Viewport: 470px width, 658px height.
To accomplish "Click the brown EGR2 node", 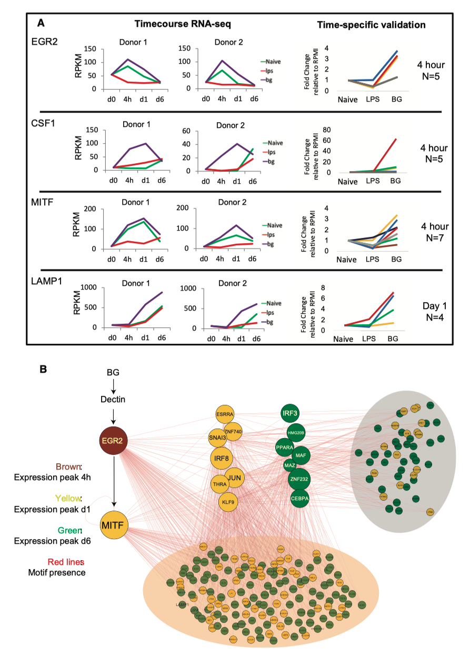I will click(114, 440).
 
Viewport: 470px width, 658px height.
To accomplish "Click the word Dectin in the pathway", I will click(113, 400).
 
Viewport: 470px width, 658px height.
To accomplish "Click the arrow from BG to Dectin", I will click(113, 386).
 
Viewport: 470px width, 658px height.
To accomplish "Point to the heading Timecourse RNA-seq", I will click(183, 24).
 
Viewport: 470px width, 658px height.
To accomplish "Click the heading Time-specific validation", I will click(372, 24).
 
